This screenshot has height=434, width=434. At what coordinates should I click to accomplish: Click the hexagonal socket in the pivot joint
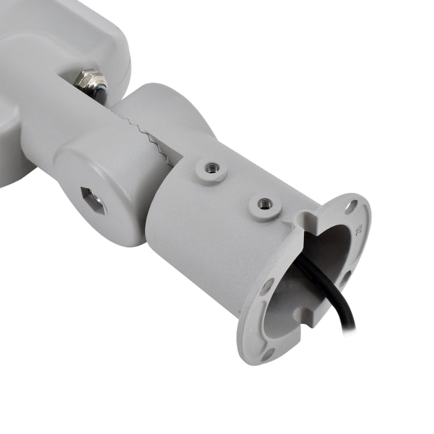coord(92,200)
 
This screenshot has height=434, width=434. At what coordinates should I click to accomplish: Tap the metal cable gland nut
coord(90,80)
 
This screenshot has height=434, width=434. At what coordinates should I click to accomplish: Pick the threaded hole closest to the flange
coord(264,204)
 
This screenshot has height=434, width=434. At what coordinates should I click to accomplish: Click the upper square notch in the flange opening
coord(311,217)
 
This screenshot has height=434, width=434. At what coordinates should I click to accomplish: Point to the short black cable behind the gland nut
coord(102,94)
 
